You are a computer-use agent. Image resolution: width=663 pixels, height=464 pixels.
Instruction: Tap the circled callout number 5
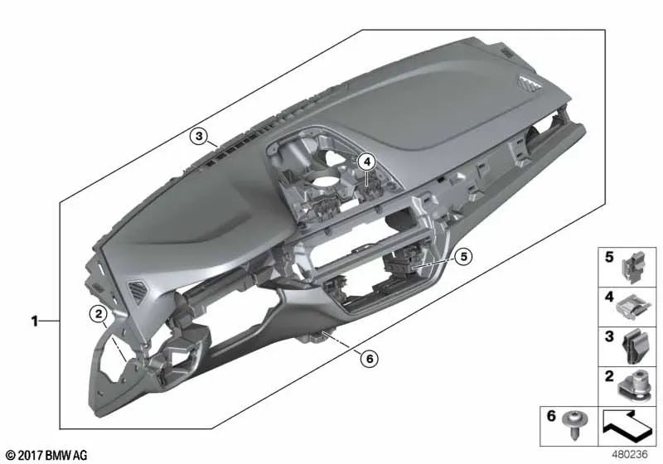coord(463,257)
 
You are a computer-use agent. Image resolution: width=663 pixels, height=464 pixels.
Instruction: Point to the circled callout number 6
coord(368,357)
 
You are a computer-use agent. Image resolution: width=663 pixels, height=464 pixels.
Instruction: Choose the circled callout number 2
coord(98,313)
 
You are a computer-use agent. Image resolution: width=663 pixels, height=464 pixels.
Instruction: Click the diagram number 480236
coord(632,454)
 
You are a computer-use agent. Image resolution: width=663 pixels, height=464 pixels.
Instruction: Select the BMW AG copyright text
coord(46,455)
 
